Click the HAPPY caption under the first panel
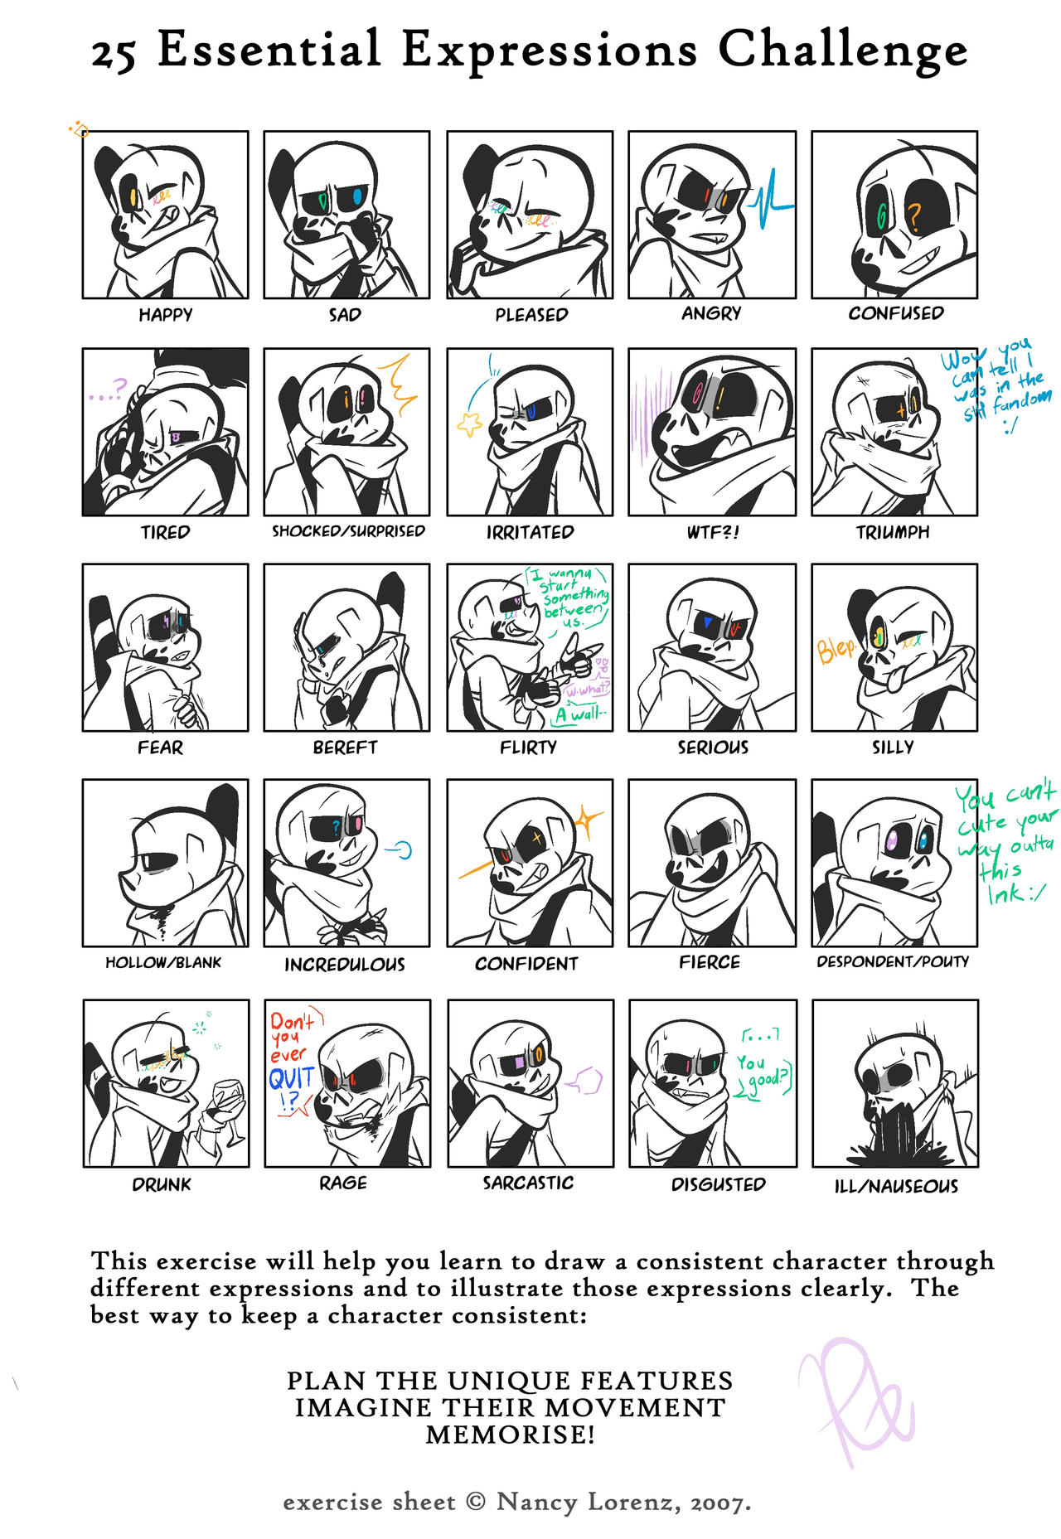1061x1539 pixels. [x=165, y=315]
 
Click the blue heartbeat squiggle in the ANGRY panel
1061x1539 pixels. [x=771, y=200]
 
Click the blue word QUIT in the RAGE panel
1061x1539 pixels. [x=291, y=1079]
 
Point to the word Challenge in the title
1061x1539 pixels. [x=842, y=50]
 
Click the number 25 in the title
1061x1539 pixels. [x=113, y=55]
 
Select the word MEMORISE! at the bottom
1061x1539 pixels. [x=510, y=1435]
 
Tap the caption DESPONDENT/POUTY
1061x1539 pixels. [x=893, y=962]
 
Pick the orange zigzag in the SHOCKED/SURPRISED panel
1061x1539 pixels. [x=399, y=385]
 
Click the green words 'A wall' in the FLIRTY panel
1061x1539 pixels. [x=581, y=714]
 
